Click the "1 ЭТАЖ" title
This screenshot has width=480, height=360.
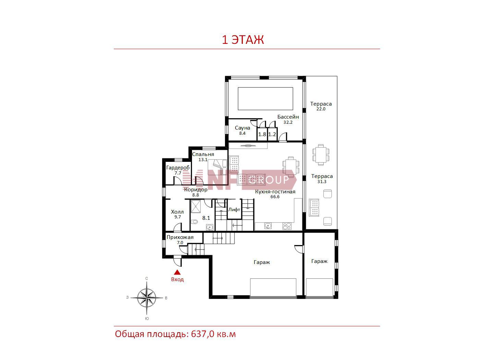tap(243, 39)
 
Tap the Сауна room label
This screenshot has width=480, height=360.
tap(242, 128)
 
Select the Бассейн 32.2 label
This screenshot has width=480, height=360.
tap(288, 119)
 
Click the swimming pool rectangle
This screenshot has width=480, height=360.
tap(265, 99)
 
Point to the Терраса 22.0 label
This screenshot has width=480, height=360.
tap(321, 106)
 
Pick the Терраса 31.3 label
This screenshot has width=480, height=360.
tap(322, 179)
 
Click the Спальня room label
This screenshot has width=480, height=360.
tap(203, 154)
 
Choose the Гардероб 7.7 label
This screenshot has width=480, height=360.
tap(178, 170)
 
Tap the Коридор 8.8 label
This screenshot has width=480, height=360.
tap(196, 192)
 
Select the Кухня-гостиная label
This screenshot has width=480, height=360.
tap(275, 192)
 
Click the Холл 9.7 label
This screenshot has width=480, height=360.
tap(177, 214)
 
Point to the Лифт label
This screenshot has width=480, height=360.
tap(234, 209)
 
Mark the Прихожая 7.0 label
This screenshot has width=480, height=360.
tap(180, 240)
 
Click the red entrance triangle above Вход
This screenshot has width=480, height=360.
tap(177, 272)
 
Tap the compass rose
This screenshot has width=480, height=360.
tap(147, 298)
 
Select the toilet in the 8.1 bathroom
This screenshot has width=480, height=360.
tap(194, 222)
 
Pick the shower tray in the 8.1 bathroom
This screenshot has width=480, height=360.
tap(195, 206)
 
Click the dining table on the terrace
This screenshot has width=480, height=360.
tap(321, 155)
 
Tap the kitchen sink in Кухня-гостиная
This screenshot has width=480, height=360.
tap(268, 226)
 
